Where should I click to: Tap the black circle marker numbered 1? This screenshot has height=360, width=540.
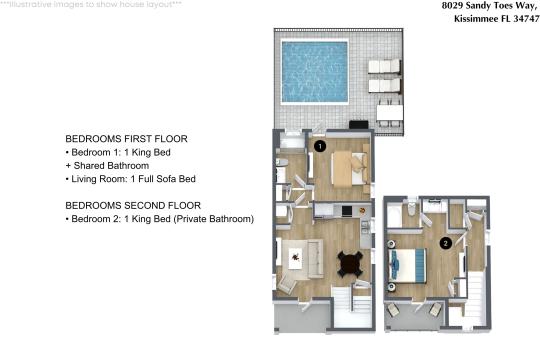tap(320, 145)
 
